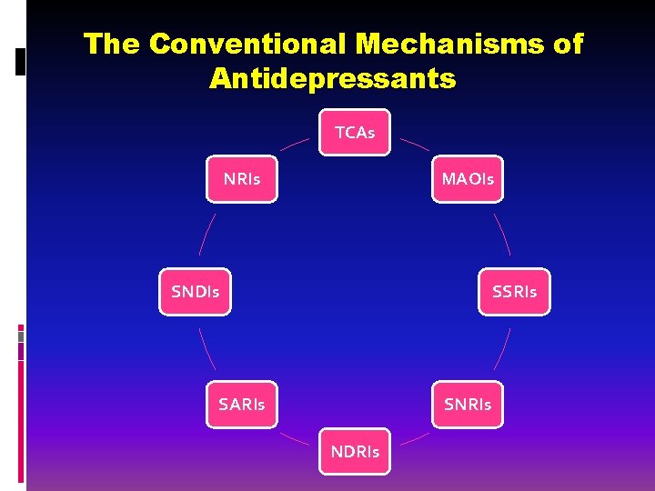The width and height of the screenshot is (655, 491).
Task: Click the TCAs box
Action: click(x=355, y=133)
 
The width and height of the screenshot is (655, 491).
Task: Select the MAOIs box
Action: click(x=468, y=179)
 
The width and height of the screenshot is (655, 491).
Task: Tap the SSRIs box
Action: click(x=514, y=292)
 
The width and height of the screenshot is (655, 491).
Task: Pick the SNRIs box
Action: click(x=468, y=405)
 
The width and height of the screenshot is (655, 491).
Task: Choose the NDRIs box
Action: click(x=355, y=451)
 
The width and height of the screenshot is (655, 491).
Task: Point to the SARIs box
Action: click(x=241, y=405)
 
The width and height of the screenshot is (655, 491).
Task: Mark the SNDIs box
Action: click(x=196, y=292)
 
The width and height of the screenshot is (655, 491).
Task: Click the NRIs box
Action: click(x=241, y=179)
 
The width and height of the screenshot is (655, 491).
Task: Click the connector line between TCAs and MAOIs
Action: click(x=415, y=144)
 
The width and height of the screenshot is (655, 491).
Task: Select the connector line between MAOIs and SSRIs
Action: click(x=502, y=234)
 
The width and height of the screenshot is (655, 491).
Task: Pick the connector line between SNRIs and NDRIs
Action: click(x=415, y=438)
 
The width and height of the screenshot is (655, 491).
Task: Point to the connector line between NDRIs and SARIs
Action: click(x=294, y=438)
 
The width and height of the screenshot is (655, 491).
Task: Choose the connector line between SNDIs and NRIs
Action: click(x=207, y=234)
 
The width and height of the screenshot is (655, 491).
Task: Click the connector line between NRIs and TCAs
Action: click(x=294, y=144)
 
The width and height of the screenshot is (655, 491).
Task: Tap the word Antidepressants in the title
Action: click(x=332, y=78)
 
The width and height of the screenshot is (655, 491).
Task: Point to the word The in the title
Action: click(x=112, y=44)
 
